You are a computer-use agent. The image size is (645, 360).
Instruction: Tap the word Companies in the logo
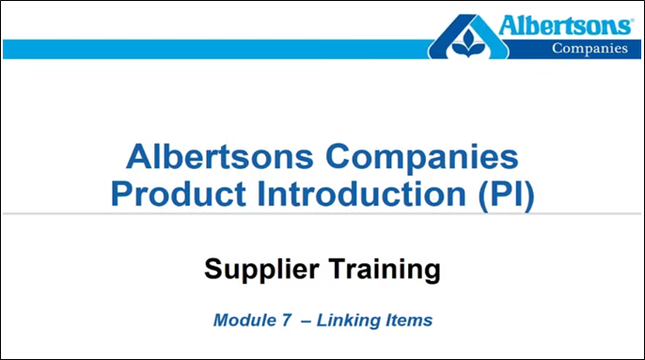589,49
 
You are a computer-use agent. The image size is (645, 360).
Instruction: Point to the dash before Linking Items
306,321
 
